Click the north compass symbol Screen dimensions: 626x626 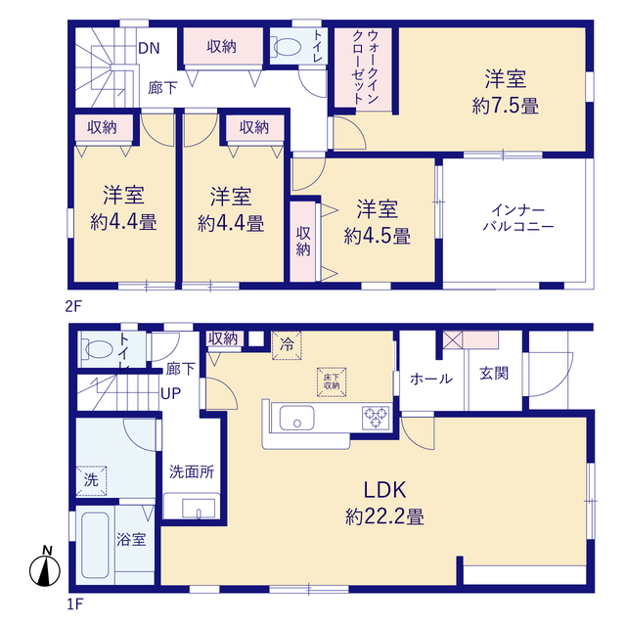tap(45, 567)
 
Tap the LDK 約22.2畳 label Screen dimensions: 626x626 tap(384, 503)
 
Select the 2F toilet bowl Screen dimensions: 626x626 tap(286, 47)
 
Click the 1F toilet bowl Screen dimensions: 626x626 tap(97, 349)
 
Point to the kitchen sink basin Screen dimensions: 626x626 tap(296, 418)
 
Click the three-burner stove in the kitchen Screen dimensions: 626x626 tap(376, 418)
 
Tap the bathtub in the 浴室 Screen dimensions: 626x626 tap(95, 545)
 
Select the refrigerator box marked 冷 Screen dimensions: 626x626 tap(287, 345)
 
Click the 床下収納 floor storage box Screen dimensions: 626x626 tap(332, 382)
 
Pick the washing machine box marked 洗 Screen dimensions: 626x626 tap(91, 480)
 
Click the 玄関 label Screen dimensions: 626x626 tap(494, 374)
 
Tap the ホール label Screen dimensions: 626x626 tap(431, 379)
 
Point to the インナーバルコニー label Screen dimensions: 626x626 tap(518, 218)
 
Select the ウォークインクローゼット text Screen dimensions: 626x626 tap(365, 67)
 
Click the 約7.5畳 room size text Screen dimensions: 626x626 tap(505, 107)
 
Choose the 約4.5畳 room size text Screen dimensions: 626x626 tap(377, 237)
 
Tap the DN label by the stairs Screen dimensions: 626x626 tap(149, 48)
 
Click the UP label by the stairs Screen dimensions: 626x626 tap(170, 393)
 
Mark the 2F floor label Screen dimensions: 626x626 tap(73, 306)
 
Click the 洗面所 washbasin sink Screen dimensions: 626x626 tap(198, 509)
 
